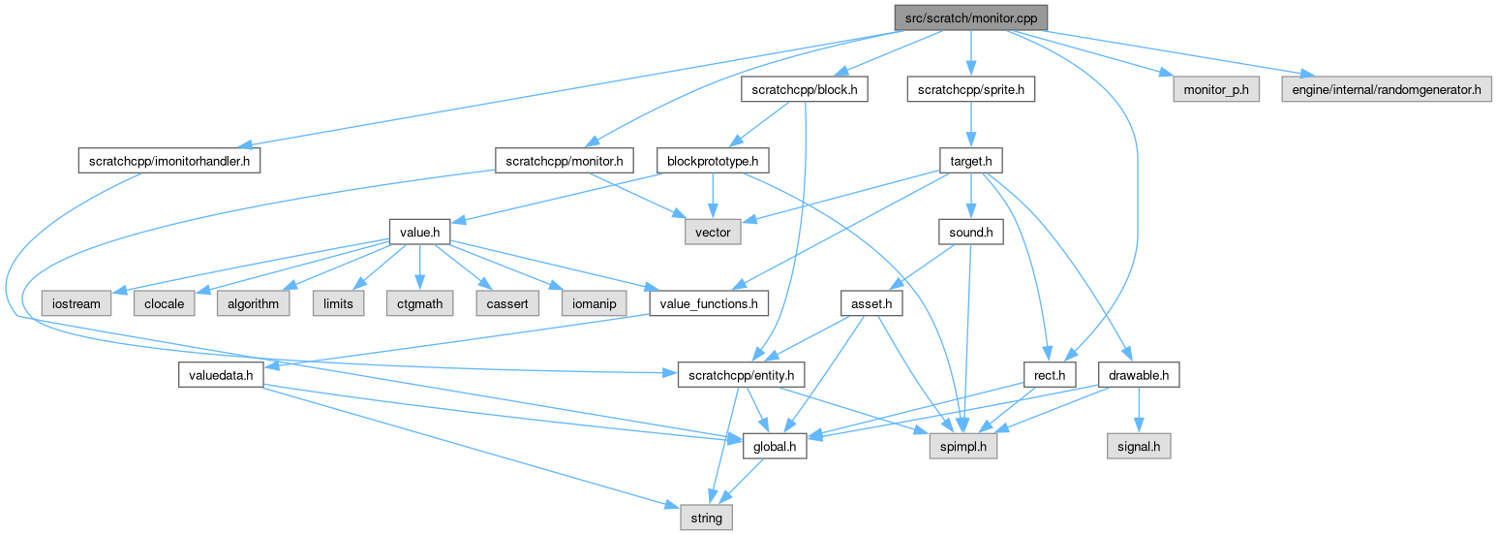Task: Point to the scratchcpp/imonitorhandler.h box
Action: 168,160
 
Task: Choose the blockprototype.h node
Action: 713,160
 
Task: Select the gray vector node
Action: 713,233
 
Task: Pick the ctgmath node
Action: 420,303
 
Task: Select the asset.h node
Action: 871,303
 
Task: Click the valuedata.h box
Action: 221,375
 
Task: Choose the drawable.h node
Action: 1139,375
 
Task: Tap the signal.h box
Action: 1139,447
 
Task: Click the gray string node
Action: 706,519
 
